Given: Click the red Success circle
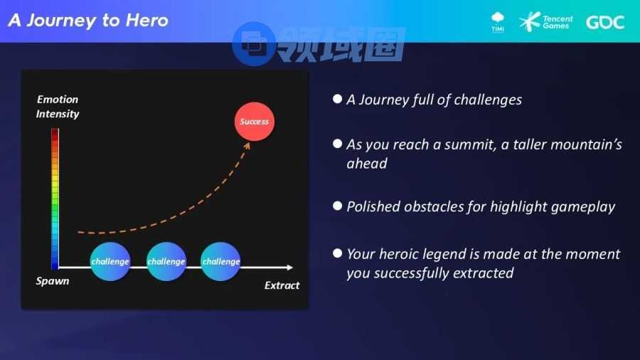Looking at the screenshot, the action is [x=255, y=122].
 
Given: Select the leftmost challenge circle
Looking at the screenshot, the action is [x=110, y=261].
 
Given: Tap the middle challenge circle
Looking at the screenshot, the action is [x=166, y=261].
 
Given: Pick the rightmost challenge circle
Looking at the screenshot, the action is [x=221, y=261].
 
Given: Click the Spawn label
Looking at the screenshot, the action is [x=52, y=281].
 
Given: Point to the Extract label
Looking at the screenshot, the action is [x=282, y=285].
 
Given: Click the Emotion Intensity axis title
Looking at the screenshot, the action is [x=58, y=107].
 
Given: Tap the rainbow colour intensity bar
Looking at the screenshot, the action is [x=55, y=198].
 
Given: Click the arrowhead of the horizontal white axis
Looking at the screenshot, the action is [x=290, y=268].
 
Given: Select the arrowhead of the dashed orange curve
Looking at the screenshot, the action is [x=247, y=145].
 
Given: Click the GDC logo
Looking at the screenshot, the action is [x=605, y=22].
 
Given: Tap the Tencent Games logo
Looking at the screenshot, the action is [x=545, y=21].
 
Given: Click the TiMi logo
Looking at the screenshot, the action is [x=498, y=22].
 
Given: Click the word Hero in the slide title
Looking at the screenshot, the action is [x=147, y=21].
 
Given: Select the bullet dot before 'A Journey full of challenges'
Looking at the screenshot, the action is [x=337, y=99].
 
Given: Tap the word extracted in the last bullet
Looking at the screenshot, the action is [x=483, y=273].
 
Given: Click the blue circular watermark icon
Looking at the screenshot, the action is [x=253, y=44].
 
